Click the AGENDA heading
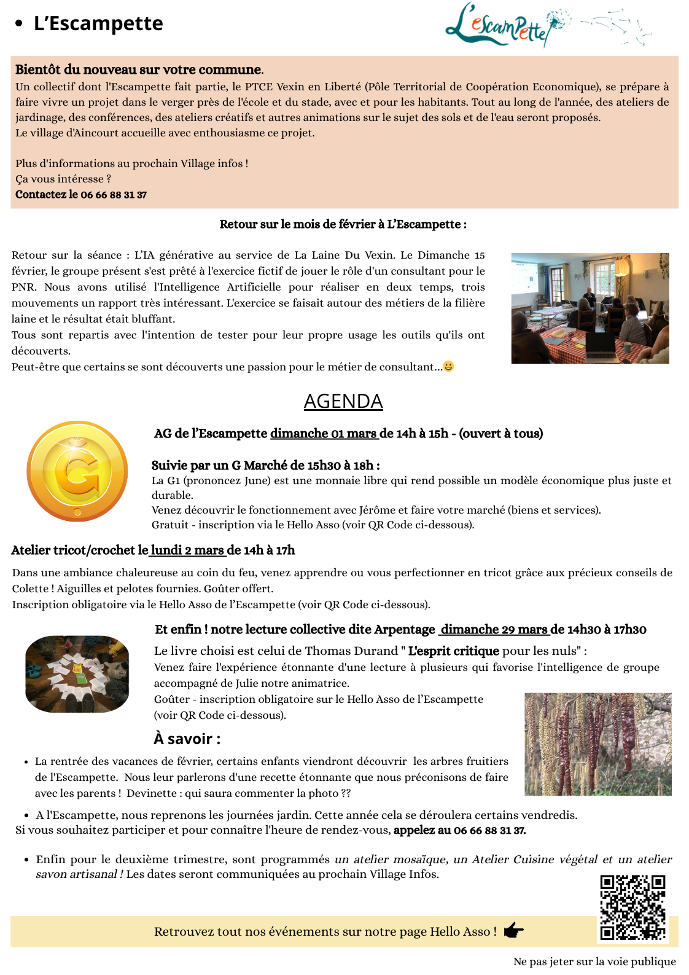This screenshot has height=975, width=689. [343, 401]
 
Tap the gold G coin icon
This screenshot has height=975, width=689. [77, 471]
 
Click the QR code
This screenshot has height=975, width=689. [633, 907]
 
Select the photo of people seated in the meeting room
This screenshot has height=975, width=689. [590, 308]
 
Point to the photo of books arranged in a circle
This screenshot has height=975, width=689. [77, 674]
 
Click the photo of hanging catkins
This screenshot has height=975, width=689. [598, 744]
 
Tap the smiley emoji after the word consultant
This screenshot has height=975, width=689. [449, 366]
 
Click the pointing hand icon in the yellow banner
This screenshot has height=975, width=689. [513, 931]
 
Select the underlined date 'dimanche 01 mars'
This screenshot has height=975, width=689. [324, 434]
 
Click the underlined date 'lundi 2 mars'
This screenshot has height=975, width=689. [187, 550]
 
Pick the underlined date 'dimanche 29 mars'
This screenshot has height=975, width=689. [494, 630]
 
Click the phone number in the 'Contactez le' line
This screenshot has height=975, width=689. [114, 195]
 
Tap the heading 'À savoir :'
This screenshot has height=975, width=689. [187, 738]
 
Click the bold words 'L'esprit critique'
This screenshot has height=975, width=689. [453, 651]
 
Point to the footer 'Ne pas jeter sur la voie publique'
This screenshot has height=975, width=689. [594, 961]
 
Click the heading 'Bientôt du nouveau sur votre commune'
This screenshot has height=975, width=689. [138, 69]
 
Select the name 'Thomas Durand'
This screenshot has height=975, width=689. [351, 651]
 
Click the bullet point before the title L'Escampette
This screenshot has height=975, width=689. [19, 24]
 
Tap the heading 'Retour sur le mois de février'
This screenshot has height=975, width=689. [343, 224]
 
